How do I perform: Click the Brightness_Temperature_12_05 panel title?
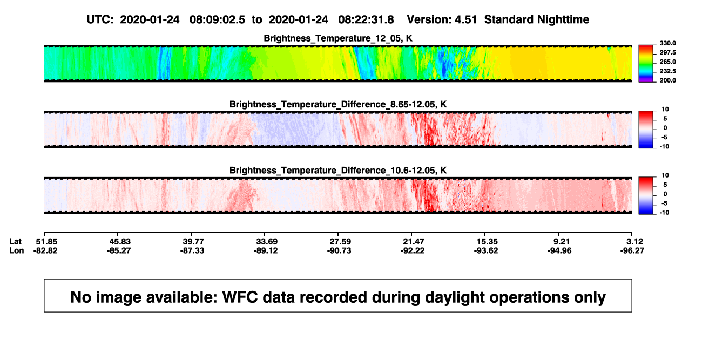click(338, 38)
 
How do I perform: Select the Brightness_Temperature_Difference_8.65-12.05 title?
click(338, 104)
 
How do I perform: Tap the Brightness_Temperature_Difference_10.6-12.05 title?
click(338, 171)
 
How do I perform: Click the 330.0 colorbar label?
click(667, 43)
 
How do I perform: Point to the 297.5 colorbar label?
click(667, 52)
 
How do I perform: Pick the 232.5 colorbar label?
click(667, 71)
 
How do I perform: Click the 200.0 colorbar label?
click(667, 80)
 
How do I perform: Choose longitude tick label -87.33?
click(192, 250)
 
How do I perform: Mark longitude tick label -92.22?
click(413, 250)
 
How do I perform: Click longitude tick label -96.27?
click(632, 250)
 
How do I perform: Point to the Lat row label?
click(15, 242)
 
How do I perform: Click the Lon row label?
click(17, 250)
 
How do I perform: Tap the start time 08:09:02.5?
click(217, 19)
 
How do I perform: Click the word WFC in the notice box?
click(240, 297)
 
